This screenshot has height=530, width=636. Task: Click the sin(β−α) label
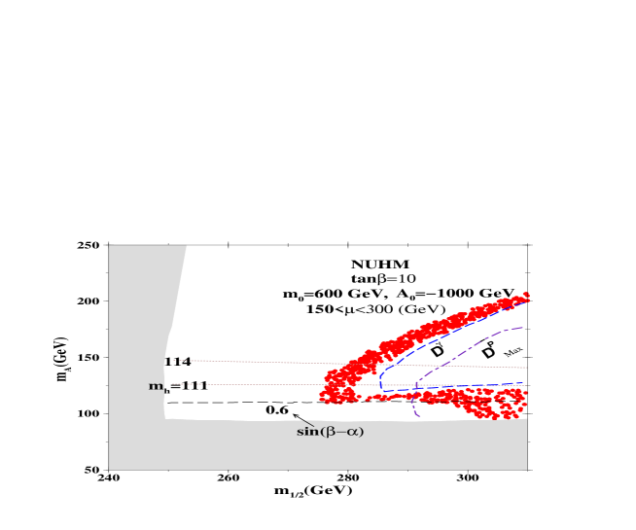(330, 431)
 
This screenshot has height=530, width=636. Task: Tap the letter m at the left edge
(155, 386)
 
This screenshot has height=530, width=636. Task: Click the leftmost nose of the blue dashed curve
(380, 379)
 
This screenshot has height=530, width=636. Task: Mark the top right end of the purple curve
(524, 328)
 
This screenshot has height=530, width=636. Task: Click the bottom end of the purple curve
(417, 415)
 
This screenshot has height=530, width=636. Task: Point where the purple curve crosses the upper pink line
(437, 367)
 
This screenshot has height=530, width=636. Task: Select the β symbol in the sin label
(329, 431)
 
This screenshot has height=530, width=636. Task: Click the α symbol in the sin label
(353, 431)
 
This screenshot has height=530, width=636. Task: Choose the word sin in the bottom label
(306, 431)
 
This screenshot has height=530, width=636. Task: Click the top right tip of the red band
(526, 294)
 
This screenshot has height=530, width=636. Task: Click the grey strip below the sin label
(331, 452)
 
